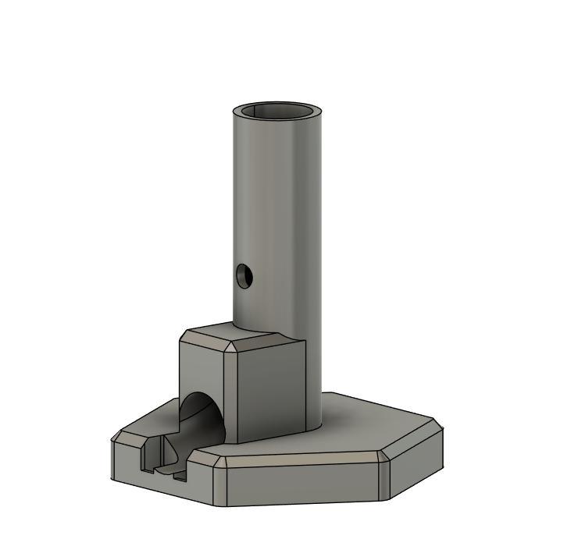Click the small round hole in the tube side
coord(244,275)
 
